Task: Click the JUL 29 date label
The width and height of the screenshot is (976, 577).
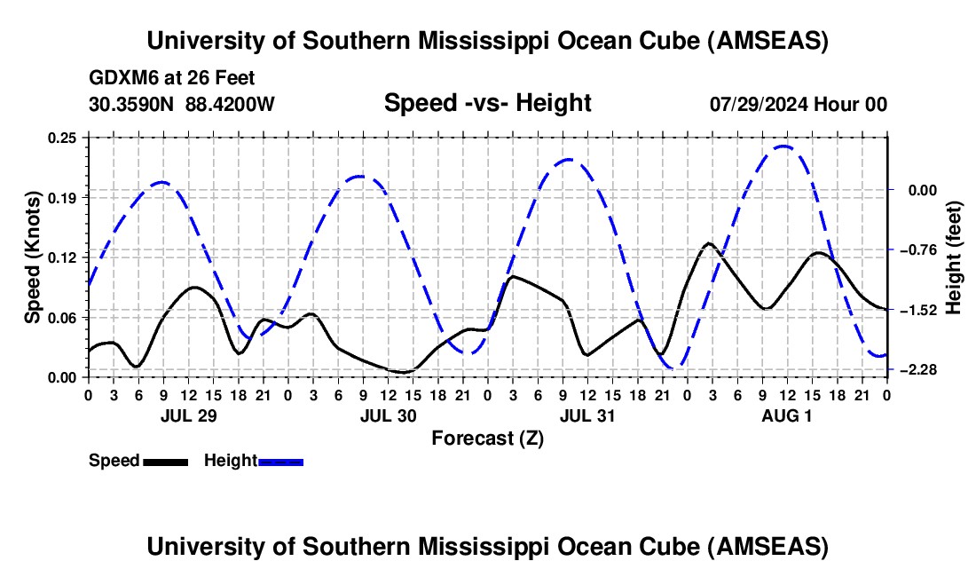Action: coord(187,415)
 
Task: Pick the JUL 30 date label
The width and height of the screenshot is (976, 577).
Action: coord(387,415)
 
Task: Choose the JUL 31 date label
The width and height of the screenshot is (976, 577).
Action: coord(586,415)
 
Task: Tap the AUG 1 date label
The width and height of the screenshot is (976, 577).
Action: coord(786,415)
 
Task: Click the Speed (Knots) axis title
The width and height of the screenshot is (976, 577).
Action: coord(32,257)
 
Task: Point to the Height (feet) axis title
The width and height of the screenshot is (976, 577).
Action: coord(954,257)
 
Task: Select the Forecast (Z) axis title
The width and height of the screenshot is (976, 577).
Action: coord(487,438)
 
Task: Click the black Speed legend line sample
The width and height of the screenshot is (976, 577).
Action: coord(165,461)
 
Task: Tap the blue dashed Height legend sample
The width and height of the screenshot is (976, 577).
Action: coord(280,461)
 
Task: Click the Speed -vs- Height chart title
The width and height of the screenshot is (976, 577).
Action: coord(487,103)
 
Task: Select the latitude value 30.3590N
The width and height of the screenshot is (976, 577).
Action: coord(131,104)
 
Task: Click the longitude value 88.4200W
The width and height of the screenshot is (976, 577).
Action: coord(231,104)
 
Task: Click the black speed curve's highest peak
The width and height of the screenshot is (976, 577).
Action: coord(708,243)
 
